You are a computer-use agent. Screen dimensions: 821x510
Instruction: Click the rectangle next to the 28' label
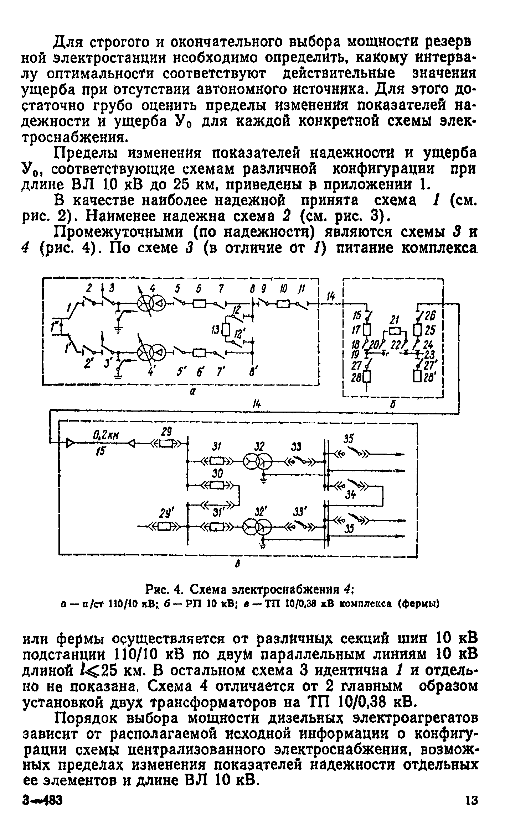[x=417, y=375]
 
